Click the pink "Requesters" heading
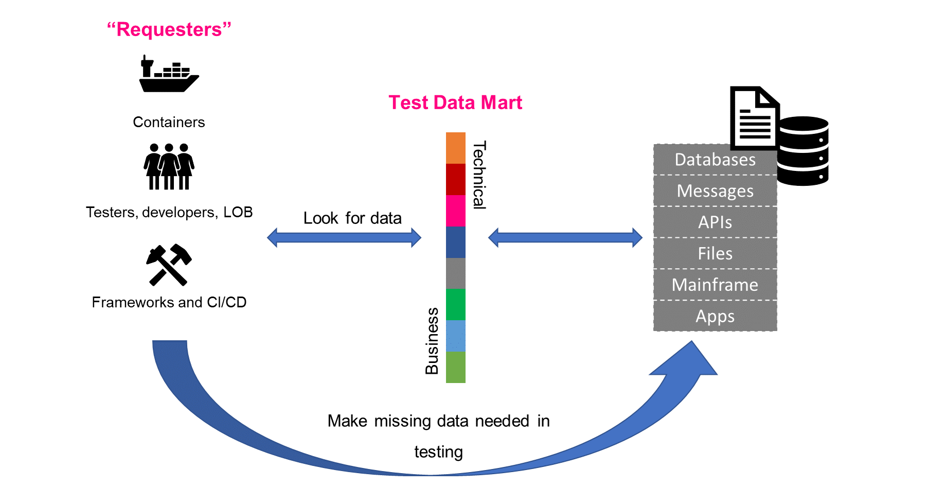[169, 29]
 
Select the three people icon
[169, 167]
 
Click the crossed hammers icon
[169, 265]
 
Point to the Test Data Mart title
[455, 102]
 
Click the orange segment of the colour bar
[456, 148]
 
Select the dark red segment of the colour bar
[456, 179]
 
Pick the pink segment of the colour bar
[456, 211]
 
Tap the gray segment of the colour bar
[456, 273]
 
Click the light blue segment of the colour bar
[456, 336]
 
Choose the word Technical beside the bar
[479, 175]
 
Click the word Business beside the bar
[432, 341]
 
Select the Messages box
[715, 191]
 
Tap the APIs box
[715, 222]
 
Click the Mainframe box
[715, 285]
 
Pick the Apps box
[715, 316]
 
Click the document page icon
[755, 118]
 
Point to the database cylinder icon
[802, 151]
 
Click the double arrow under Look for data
[344, 238]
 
